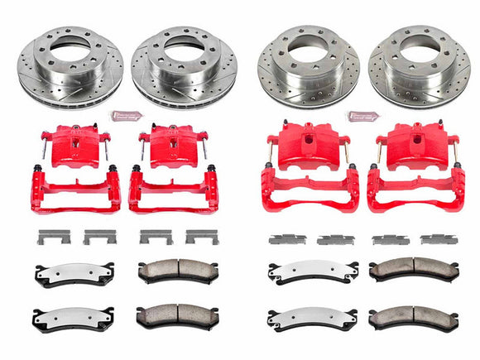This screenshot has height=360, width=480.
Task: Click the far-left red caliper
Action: point(69,146)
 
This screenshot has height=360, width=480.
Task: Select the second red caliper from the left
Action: point(170,145)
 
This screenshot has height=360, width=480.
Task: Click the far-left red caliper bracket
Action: point(75,190)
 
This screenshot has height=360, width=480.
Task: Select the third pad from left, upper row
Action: point(307,272)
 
